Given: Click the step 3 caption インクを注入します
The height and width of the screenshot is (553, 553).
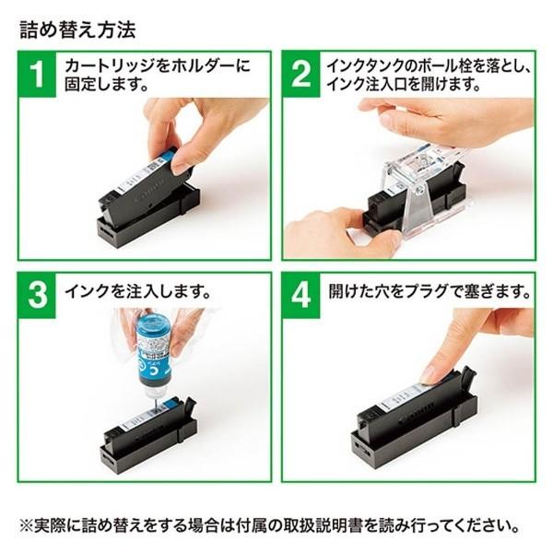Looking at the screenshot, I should (x=137, y=292).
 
